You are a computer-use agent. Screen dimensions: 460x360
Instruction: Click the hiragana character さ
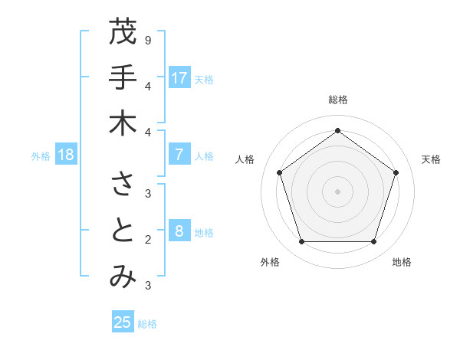123,185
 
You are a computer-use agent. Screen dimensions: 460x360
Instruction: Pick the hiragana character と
123,231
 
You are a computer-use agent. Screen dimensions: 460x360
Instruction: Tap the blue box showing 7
179,155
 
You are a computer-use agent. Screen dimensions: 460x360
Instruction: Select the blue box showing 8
179,231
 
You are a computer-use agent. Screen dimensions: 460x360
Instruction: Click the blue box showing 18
66,155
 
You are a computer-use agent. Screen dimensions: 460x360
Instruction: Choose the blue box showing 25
123,322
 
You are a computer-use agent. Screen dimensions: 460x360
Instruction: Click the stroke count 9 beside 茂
147,40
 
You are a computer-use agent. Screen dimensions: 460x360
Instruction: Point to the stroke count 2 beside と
147,240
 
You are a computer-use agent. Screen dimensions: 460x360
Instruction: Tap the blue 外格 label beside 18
41,156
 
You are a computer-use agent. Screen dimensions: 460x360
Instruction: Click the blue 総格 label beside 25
147,324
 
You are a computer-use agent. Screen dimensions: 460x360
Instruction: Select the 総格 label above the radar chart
337,100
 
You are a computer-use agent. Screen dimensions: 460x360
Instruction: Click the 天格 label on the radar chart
431,159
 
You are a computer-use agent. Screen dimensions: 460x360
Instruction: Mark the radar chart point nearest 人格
279,172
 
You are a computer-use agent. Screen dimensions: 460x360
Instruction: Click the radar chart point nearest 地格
373,241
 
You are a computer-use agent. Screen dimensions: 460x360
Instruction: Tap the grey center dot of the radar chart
337,191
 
